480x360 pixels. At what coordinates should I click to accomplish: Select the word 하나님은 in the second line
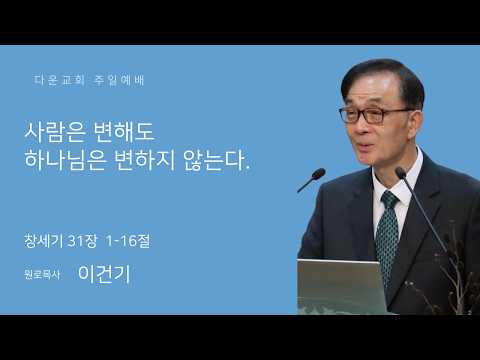click(65, 160)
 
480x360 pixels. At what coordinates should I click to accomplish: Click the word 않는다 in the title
click(215, 160)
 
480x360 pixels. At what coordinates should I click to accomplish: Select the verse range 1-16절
click(128, 241)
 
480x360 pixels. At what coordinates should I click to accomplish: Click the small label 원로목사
click(42, 275)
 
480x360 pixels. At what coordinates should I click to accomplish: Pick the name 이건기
click(104, 274)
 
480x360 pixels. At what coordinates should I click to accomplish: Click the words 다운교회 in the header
click(59, 80)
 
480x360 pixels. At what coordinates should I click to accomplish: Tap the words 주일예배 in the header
click(119, 80)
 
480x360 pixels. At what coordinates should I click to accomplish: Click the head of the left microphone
click(318, 174)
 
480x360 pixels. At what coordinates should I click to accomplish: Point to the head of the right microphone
click(400, 172)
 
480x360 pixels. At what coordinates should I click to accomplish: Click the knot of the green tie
click(389, 198)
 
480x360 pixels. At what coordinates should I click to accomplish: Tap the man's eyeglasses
click(373, 115)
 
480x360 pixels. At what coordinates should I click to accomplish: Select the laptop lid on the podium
click(341, 286)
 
